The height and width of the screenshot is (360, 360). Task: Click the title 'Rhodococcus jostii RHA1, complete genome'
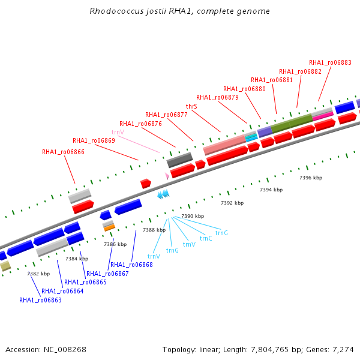tap(179, 11)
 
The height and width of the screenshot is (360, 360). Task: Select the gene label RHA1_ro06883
tap(330, 62)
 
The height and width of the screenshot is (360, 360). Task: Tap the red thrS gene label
tap(191, 106)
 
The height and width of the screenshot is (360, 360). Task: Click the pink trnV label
tap(118, 132)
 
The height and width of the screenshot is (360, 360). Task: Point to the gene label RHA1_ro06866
tap(63, 152)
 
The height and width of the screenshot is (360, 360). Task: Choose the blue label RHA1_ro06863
tap(40, 300)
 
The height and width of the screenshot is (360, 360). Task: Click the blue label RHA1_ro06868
tap(131, 265)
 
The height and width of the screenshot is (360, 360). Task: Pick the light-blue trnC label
tap(206, 238)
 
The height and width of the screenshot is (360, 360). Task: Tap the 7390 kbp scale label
tap(193, 216)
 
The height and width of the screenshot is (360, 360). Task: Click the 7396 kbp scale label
tap(311, 178)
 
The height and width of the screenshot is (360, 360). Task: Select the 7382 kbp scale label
tap(38, 274)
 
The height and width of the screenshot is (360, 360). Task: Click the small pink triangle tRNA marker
tap(167, 176)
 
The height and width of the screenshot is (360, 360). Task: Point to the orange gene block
tap(109, 228)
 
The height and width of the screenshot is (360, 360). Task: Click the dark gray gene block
tap(179, 160)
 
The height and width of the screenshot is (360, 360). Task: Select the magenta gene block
tap(323, 116)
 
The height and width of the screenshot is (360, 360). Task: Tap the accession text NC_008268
tap(65, 349)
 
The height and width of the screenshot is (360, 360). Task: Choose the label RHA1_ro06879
tap(217, 97)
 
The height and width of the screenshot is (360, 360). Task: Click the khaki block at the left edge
tap(5, 266)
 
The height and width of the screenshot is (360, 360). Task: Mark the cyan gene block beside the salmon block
tap(251, 137)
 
